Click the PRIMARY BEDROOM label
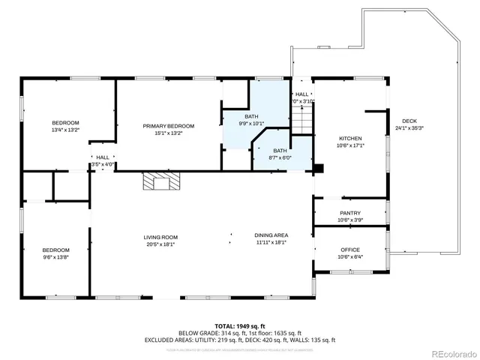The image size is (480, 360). (169, 126)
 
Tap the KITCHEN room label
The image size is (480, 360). (350, 139)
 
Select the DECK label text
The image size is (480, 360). (409, 121)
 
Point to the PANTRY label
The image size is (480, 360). (350, 213)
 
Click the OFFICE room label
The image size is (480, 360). (350, 250)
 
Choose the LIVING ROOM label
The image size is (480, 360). (160, 237)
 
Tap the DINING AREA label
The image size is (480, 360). (271, 235)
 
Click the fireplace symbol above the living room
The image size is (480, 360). (162, 181)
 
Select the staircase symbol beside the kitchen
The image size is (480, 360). (301, 120)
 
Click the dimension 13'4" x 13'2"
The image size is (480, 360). (65, 130)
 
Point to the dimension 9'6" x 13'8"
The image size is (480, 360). (55, 257)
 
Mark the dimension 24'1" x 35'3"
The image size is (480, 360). (409, 128)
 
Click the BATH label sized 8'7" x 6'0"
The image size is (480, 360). (280, 151)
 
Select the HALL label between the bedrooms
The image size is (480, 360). (103, 157)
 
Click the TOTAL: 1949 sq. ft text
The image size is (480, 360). (239, 326)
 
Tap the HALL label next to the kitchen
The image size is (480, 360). (301, 94)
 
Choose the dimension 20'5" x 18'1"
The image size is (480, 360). (160, 244)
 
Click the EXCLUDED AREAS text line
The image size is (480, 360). (239, 340)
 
